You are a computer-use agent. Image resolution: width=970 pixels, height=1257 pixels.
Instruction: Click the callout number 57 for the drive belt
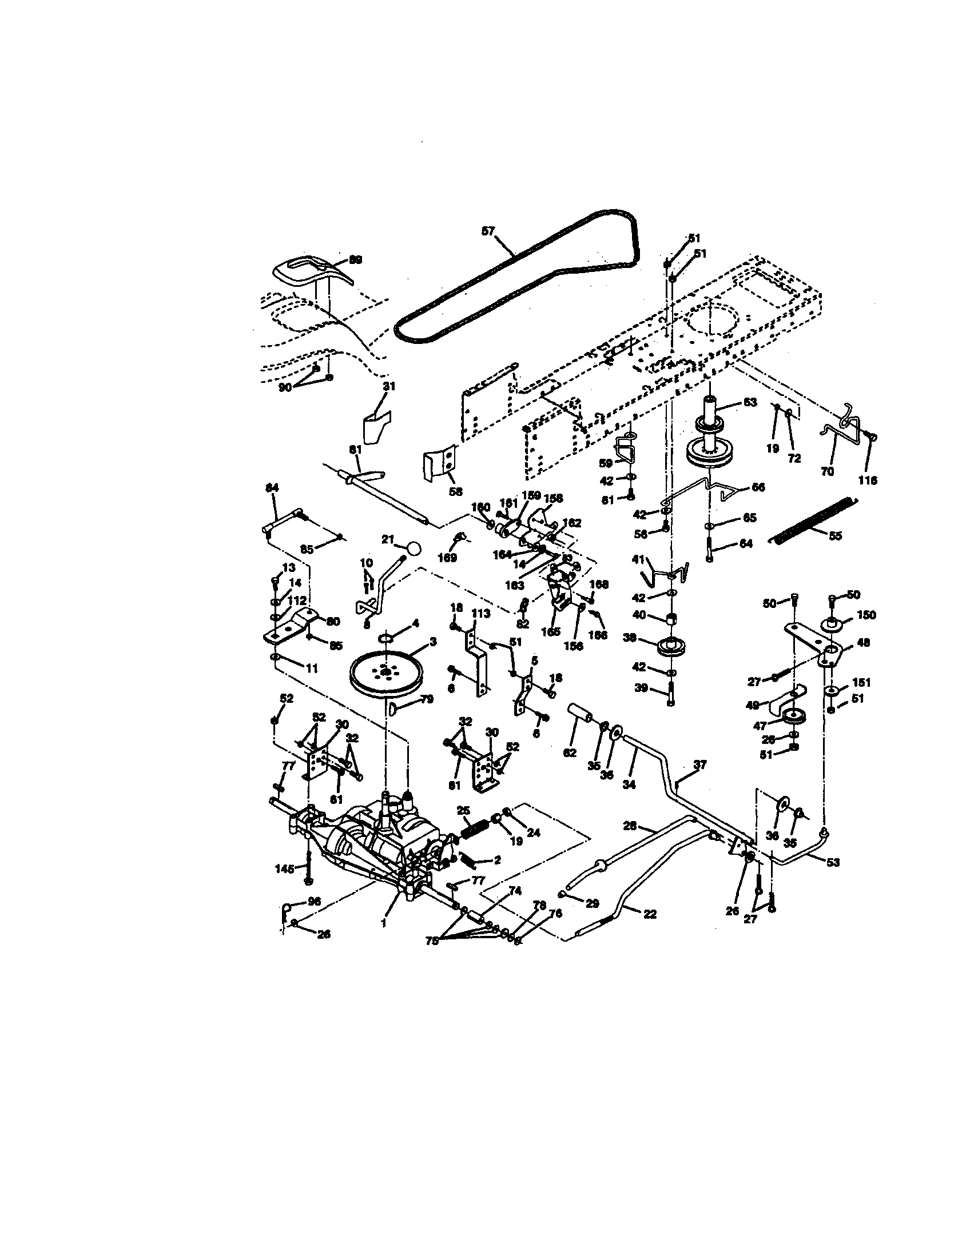(x=488, y=231)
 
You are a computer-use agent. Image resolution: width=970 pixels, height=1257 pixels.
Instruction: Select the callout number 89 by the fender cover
(x=356, y=260)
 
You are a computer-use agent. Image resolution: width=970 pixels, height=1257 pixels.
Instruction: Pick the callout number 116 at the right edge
(x=868, y=480)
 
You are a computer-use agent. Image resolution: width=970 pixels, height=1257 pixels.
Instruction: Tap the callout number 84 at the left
(x=272, y=487)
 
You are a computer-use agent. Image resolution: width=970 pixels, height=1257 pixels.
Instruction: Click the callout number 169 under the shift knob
(x=447, y=558)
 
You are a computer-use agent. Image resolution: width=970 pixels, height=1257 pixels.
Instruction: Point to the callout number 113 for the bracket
(x=480, y=614)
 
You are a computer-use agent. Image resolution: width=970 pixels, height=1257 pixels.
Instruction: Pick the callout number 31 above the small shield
(x=389, y=386)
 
